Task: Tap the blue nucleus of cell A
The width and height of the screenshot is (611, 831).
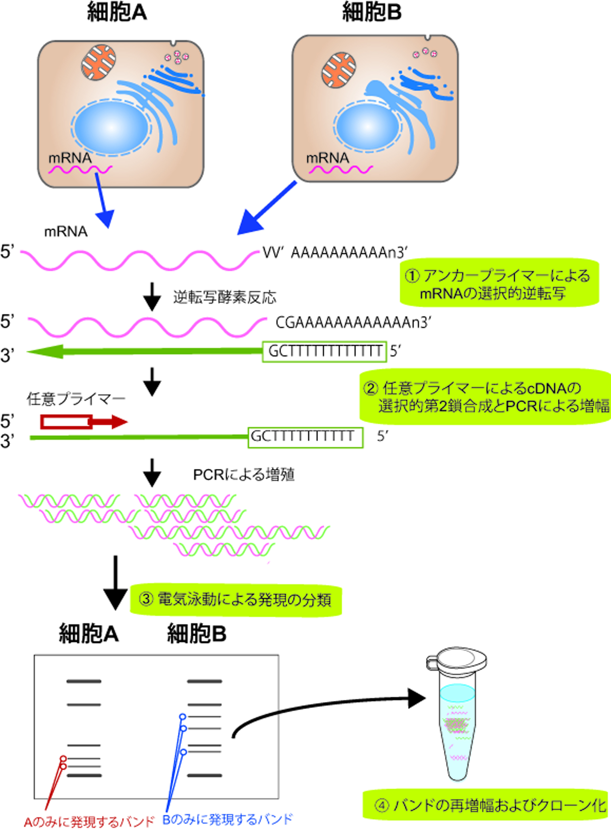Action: (111, 127)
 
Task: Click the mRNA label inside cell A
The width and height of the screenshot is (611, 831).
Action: (70, 158)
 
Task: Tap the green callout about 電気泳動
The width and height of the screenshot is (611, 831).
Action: (235, 599)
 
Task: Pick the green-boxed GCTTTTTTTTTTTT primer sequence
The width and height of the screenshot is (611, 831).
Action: (324, 351)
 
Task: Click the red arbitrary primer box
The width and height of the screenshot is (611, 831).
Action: (67, 422)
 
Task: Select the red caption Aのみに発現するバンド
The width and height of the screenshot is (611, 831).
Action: (89, 821)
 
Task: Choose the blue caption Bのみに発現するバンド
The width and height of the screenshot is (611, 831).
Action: (227, 819)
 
